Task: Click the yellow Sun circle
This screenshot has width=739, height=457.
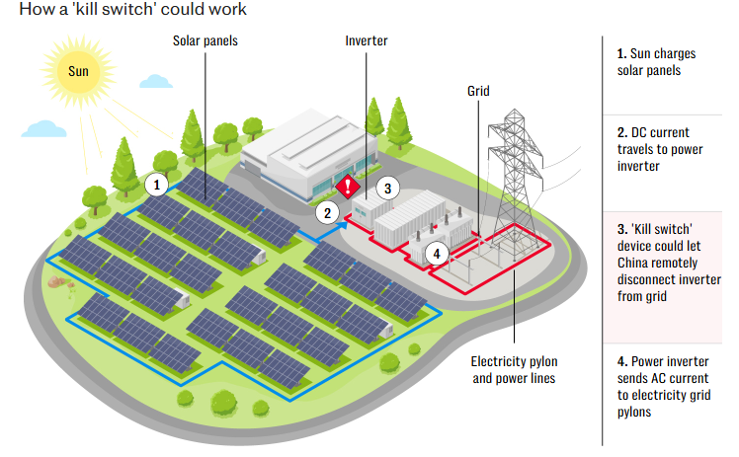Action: pos(77,71)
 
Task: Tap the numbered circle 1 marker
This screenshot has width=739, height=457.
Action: pos(155,184)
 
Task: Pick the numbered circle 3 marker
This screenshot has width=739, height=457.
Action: pos(388,188)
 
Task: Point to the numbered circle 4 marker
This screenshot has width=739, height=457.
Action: pos(434,253)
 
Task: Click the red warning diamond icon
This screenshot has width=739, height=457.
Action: pos(348,187)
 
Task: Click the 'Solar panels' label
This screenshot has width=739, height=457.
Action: pos(205,41)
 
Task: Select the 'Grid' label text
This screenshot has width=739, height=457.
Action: pos(479,91)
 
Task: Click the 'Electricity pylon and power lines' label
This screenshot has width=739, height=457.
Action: pos(513,369)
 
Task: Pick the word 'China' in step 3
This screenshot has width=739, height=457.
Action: pos(636,263)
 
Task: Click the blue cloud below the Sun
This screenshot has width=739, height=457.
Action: pos(43,128)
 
